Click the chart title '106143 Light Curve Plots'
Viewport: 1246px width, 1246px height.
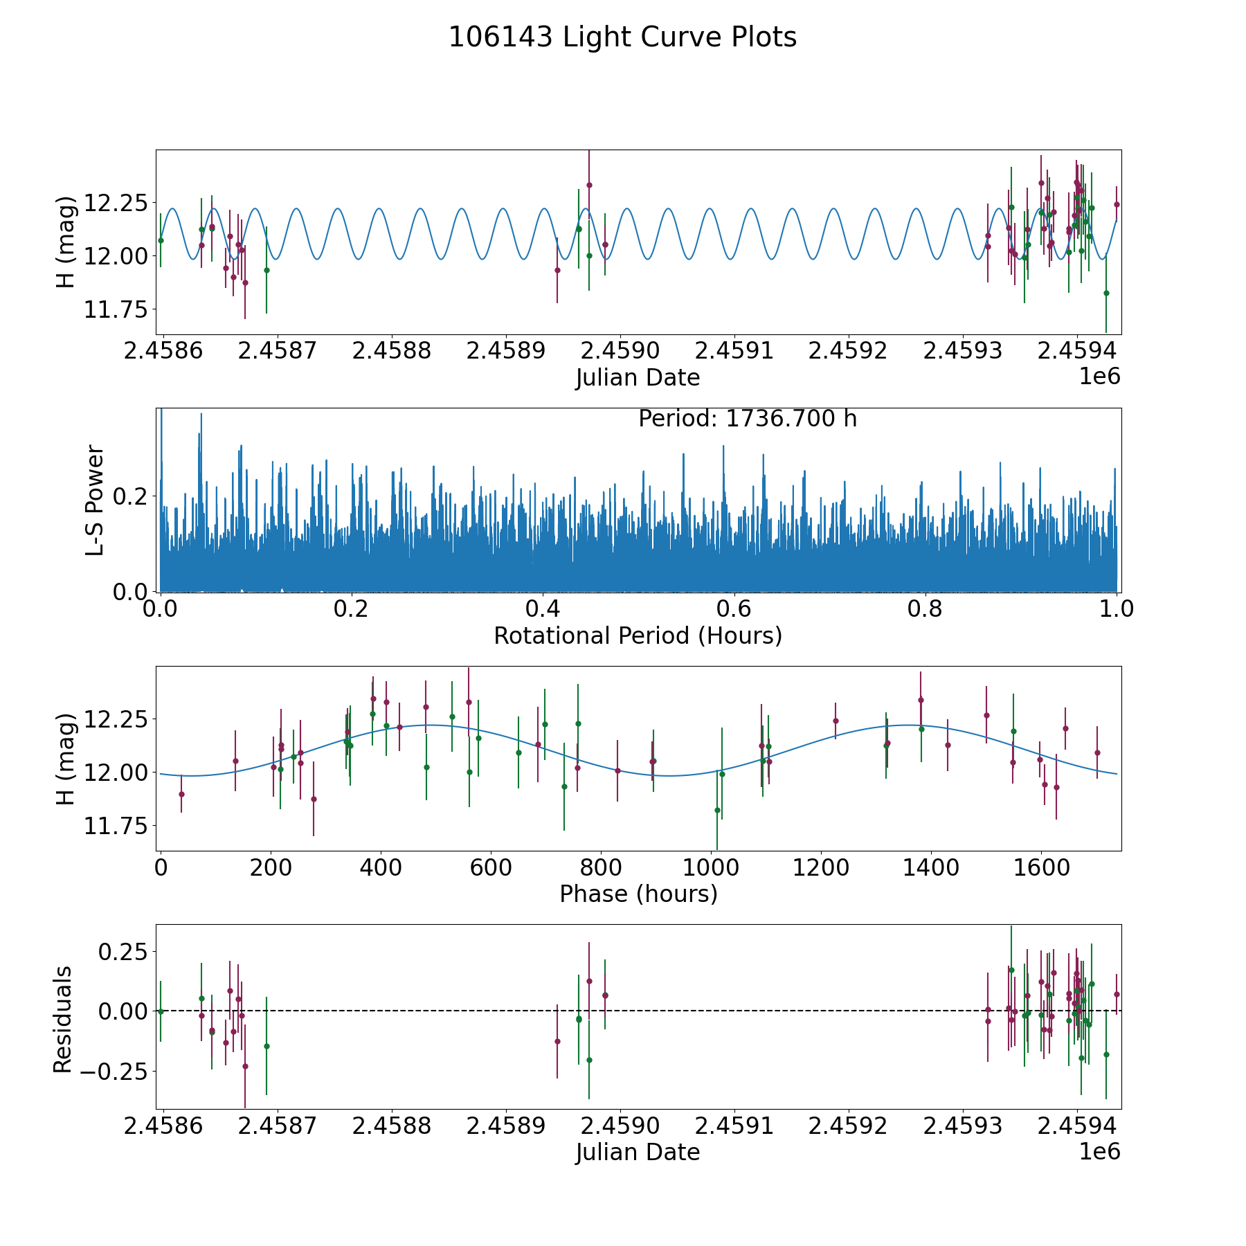(622, 37)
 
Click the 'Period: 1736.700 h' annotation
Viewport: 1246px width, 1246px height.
(748, 419)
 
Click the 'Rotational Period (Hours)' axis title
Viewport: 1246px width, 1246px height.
(638, 635)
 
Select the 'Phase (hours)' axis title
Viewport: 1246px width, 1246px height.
(638, 894)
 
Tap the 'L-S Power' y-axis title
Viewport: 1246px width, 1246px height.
(95, 500)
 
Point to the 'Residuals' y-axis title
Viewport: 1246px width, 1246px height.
(62, 1019)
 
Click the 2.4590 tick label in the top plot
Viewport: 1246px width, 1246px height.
(620, 351)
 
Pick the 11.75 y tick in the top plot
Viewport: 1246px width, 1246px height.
(116, 309)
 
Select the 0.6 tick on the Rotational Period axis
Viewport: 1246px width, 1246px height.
(734, 609)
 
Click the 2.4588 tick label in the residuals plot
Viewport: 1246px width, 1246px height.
(392, 1126)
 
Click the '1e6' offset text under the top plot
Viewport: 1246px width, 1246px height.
(1100, 377)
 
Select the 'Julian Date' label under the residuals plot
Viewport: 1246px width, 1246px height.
(638, 1153)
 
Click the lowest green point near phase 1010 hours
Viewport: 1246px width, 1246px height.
(717, 810)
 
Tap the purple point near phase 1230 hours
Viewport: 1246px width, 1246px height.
(836, 721)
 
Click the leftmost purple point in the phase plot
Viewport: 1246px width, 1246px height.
(181, 794)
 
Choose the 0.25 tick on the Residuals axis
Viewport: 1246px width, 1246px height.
(123, 951)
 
